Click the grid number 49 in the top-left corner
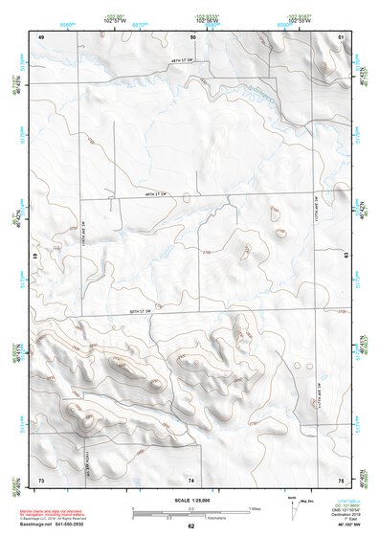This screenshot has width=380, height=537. [x=41, y=36]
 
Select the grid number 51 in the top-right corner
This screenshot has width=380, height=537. [x=342, y=36]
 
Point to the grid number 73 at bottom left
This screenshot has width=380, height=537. [x=41, y=478]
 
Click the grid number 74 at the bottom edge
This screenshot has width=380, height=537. [x=191, y=478]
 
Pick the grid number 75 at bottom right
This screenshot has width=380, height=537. [x=342, y=478]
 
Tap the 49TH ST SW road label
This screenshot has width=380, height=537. [x=147, y=193]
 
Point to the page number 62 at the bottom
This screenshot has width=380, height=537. [x=190, y=526]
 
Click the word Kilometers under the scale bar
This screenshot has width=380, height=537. [x=202, y=518]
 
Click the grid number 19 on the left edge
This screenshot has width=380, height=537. [x=35, y=257]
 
